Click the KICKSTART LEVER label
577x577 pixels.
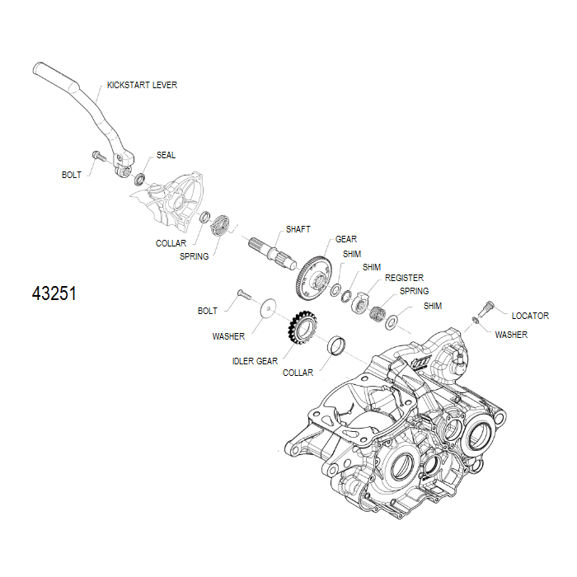click(x=142, y=85)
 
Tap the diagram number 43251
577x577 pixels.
click(x=54, y=293)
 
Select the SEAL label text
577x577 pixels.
click(x=166, y=155)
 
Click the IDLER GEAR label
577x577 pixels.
click(x=255, y=361)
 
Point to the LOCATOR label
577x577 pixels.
click(x=530, y=316)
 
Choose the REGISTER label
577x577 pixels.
click(x=404, y=279)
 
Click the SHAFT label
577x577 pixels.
click(x=298, y=229)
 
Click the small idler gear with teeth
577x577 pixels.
click(x=299, y=329)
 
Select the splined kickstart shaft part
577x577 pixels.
click(x=271, y=251)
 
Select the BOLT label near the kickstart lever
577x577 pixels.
click(x=72, y=175)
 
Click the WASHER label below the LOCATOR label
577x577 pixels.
click(x=511, y=335)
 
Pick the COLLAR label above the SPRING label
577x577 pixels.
click(x=171, y=243)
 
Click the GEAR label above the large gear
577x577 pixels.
click(x=345, y=239)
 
